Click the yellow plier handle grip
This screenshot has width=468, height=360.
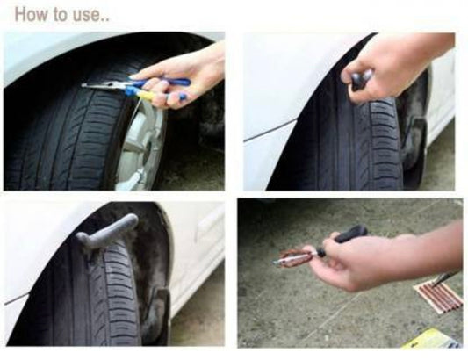point(146,95)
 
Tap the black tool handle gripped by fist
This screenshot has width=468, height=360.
point(361,78)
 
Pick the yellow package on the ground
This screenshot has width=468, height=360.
point(429,339)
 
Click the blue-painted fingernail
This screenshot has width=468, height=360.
point(183,97)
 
